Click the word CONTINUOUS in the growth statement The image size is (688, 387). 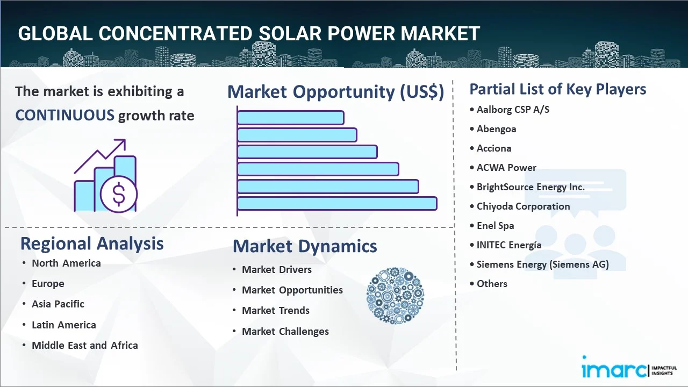[64, 115]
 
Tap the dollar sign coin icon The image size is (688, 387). [119, 195]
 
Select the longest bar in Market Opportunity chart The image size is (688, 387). [336, 203]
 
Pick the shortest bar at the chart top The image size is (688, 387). [290, 117]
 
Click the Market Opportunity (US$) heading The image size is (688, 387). [335, 92]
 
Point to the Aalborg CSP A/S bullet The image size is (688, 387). [513, 110]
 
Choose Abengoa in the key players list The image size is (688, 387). [496, 129]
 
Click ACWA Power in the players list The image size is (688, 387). [506, 168]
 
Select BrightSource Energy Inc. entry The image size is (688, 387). [531, 187]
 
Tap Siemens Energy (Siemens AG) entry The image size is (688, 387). [542, 264]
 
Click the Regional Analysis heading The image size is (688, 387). [92, 243]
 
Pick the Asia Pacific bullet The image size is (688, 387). [58, 304]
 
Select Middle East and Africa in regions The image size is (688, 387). [84, 346]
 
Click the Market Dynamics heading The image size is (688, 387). [305, 246]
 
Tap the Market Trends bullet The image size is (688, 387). [276, 311]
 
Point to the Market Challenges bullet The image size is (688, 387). [285, 332]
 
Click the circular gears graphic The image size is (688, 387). [395, 296]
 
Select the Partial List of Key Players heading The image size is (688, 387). [557, 89]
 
